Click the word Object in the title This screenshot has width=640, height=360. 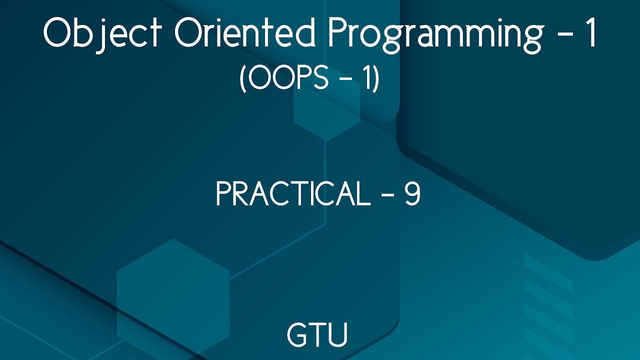(103, 34)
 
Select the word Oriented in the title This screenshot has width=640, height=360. (245, 34)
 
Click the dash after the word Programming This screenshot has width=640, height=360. (562, 35)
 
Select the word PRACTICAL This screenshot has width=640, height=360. (292, 194)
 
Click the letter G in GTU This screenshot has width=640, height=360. (297, 334)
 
